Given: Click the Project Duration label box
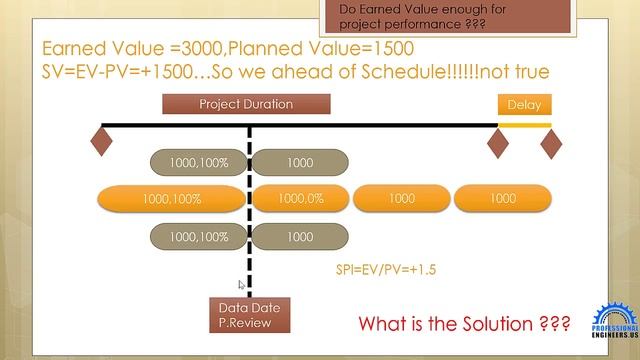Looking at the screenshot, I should click(246, 104).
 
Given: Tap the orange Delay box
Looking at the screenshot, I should click(524, 104).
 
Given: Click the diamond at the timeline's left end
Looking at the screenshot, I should click(101, 140).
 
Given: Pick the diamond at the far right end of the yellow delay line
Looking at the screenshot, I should click(551, 144).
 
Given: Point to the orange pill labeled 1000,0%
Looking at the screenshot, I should click(300, 199).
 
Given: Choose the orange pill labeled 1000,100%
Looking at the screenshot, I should click(172, 199).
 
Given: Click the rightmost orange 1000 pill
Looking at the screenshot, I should click(503, 199).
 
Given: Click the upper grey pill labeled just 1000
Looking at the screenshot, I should click(299, 162).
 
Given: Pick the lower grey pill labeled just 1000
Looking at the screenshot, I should click(299, 237).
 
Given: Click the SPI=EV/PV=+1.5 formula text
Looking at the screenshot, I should click(385, 270).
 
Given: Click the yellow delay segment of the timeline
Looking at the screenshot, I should click(524, 125).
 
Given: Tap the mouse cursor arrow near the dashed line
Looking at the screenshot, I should click(241, 285).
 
